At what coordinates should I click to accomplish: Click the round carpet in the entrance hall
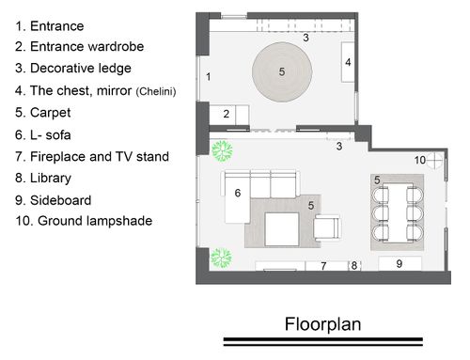tap(282, 72)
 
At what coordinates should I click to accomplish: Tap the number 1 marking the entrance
tap(209, 77)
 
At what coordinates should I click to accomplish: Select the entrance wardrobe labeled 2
tap(229, 115)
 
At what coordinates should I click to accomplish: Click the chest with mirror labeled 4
tap(348, 62)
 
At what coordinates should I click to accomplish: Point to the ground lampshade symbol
tap(435, 161)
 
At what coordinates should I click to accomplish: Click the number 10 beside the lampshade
tap(420, 160)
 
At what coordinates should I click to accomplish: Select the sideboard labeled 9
tap(399, 263)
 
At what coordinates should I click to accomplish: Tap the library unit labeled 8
tap(354, 266)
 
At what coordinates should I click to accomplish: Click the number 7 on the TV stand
tap(323, 266)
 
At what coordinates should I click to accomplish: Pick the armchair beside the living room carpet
tap(327, 227)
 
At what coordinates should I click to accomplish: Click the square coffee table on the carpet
tap(282, 229)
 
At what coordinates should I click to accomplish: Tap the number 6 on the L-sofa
tap(238, 193)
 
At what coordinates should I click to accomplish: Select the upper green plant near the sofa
tap(222, 150)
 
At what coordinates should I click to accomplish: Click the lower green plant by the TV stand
tap(222, 258)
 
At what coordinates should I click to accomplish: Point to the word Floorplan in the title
tap(323, 324)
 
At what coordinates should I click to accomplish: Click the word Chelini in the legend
tap(156, 91)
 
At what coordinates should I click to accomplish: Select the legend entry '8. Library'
tap(43, 179)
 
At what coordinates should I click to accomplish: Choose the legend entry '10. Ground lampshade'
tap(84, 221)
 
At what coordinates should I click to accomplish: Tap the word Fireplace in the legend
tap(57, 156)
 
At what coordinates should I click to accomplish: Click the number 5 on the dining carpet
tap(377, 180)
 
